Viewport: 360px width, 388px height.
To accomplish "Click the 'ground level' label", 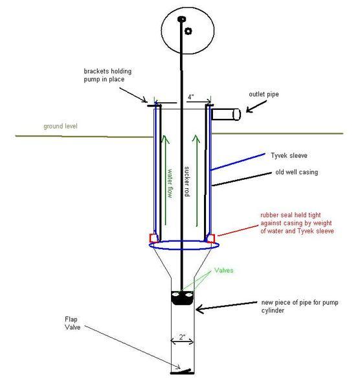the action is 60,127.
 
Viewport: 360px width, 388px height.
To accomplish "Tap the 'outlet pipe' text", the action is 264,94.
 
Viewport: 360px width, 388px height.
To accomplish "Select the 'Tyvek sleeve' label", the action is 289,156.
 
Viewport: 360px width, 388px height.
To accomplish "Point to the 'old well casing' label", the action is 297,172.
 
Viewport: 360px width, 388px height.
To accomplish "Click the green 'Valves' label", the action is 224,270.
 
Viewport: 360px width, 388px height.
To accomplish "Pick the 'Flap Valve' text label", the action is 73,323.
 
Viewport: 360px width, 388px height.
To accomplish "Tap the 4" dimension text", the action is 190,97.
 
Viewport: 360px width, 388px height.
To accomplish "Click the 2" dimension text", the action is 183,337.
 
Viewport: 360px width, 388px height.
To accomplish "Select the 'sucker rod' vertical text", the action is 187,182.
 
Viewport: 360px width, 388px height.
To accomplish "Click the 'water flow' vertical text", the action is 170,183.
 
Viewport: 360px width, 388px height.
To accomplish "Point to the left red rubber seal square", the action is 154,238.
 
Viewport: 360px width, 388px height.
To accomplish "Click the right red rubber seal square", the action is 210,238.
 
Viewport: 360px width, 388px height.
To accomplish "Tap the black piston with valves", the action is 183,298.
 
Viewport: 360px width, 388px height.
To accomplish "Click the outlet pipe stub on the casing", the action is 226,114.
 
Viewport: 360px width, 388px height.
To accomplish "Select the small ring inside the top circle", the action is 188,31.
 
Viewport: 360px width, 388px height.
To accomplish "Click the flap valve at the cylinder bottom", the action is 183,372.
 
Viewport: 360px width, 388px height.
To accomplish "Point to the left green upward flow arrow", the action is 165,180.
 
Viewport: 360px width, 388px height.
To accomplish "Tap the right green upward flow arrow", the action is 196,180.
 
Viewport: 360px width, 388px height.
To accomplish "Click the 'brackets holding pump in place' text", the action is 107,75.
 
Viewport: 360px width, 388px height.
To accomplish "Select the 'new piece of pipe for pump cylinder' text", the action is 300,307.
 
